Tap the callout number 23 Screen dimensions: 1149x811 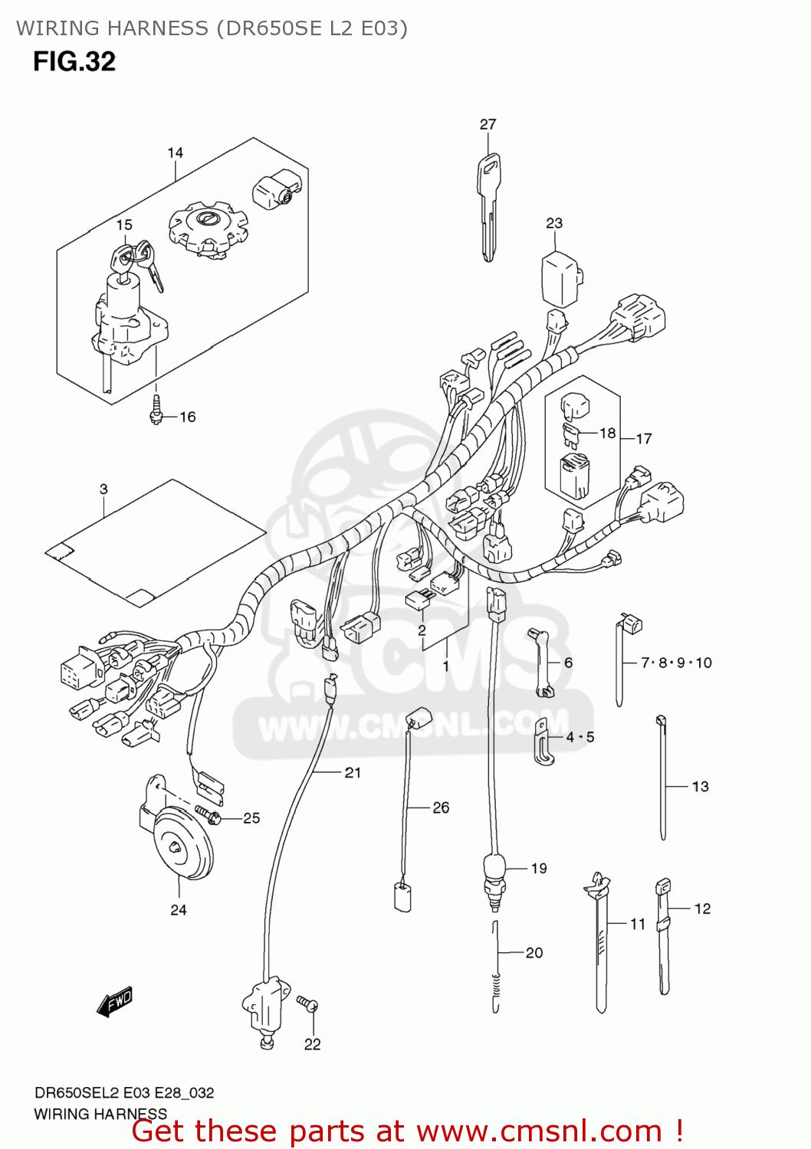(553, 223)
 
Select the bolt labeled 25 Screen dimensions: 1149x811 (208, 815)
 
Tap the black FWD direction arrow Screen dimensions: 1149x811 (115, 1001)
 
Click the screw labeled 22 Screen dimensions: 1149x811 (307, 1003)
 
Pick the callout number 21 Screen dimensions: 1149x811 (353, 772)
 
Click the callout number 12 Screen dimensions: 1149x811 (702, 908)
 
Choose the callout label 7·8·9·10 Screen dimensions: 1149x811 (676, 663)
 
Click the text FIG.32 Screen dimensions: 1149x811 (74, 61)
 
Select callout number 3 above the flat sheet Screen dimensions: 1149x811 (103, 489)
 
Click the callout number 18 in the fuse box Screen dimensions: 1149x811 (607, 433)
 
